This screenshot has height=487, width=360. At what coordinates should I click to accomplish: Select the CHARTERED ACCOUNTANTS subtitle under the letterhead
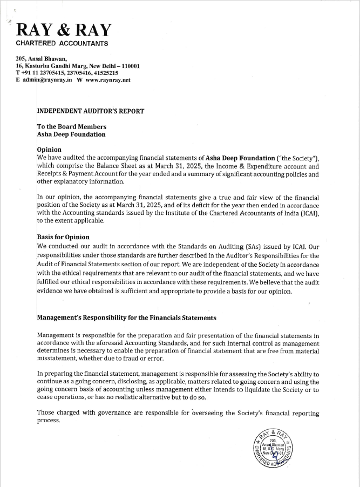[62, 43]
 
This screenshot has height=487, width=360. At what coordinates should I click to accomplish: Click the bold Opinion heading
[49, 150]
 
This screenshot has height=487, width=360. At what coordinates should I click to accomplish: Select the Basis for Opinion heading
[63, 237]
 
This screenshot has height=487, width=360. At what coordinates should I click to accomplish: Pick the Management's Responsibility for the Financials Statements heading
[127, 318]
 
